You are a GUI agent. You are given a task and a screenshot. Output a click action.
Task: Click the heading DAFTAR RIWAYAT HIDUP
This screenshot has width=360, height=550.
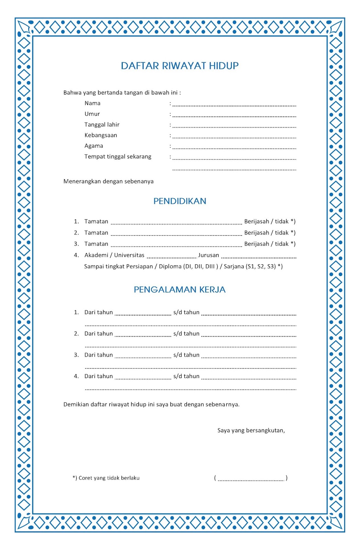click(179, 66)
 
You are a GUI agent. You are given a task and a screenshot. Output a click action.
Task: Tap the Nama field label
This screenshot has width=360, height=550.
click(92, 103)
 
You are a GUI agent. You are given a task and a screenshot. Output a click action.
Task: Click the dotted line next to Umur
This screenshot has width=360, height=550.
click(234, 116)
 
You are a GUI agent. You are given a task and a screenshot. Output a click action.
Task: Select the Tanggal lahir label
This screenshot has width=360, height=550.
click(102, 124)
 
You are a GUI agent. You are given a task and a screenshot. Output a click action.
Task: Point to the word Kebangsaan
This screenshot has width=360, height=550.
click(101, 135)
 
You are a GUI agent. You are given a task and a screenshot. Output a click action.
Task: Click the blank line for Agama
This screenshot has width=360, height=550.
click(234, 148)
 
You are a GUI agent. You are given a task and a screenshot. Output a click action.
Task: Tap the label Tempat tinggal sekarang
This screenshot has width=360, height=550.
click(118, 156)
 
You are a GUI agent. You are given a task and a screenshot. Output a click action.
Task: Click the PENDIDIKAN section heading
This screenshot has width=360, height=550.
click(179, 201)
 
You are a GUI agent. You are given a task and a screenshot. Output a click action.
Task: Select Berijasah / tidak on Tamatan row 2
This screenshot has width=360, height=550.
click(270, 233)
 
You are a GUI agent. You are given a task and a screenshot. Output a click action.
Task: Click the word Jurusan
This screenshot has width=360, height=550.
click(208, 255)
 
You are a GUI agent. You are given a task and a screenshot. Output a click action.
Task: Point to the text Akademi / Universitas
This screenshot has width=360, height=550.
click(114, 255)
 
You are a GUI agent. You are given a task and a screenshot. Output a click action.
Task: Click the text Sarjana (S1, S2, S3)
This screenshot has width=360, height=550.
click(253, 266)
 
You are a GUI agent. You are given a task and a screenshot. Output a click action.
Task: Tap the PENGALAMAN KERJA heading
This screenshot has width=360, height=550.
click(179, 289)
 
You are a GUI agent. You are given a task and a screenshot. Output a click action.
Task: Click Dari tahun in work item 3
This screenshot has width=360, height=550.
click(98, 355)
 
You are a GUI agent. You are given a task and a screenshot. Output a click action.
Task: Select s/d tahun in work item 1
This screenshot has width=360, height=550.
click(186, 312)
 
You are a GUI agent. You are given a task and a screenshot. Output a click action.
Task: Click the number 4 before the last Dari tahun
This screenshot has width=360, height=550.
click(76, 376)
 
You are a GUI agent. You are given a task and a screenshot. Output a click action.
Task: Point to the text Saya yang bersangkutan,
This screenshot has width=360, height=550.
click(251, 430)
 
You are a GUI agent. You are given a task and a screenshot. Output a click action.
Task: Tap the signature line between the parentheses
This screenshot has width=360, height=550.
click(251, 479)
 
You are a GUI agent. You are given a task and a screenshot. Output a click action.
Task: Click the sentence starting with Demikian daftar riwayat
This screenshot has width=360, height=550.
click(151, 404)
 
